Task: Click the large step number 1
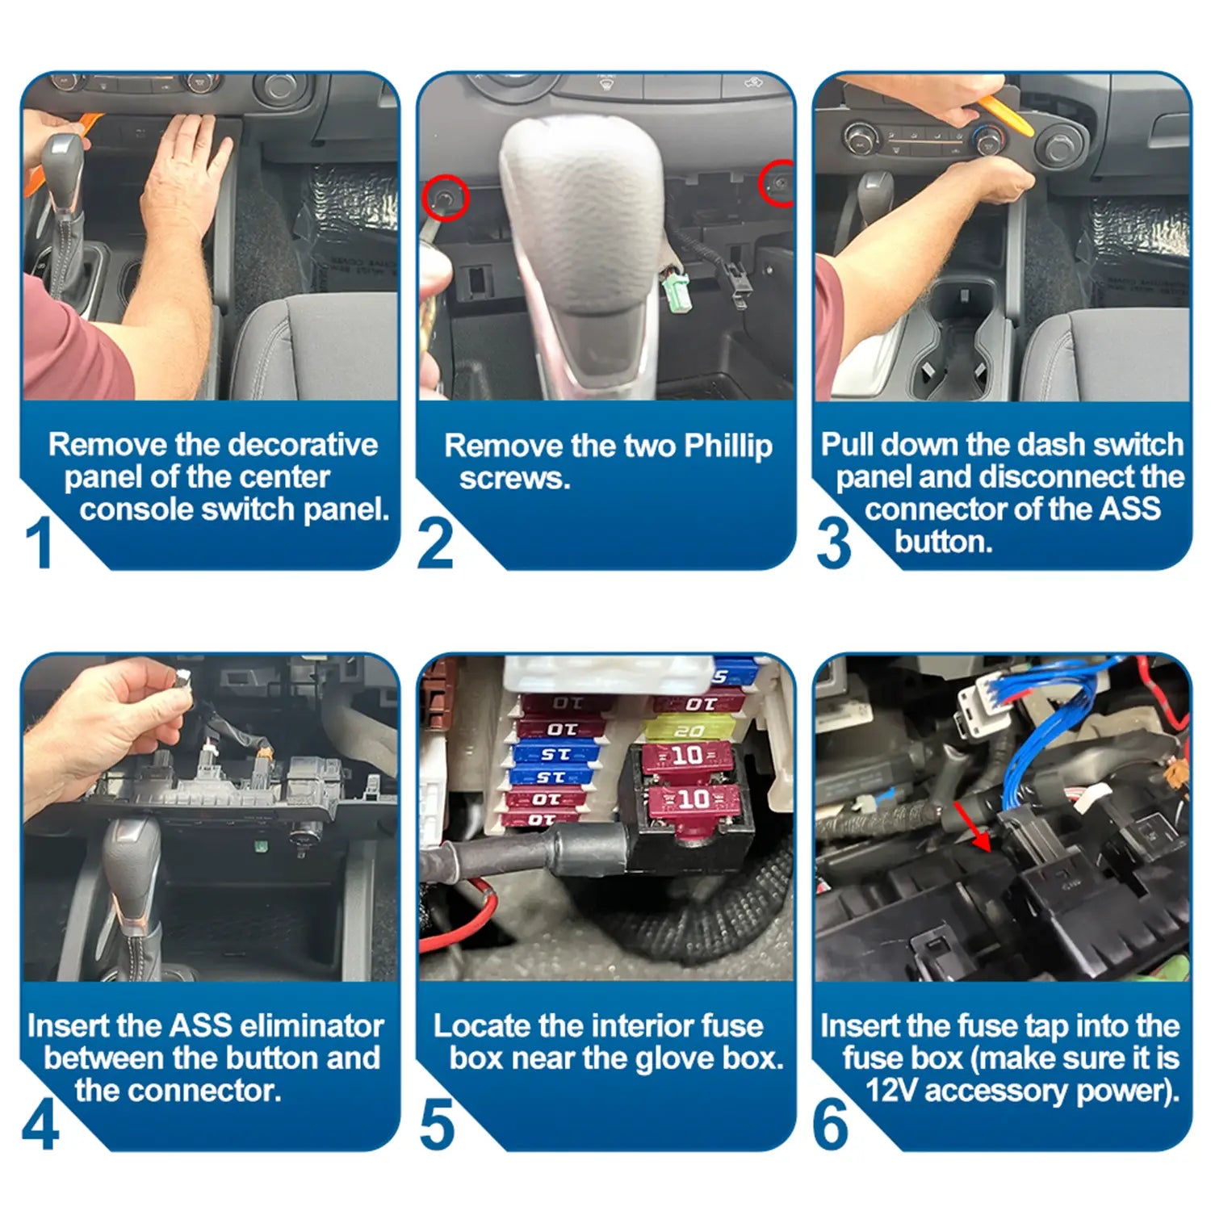(39, 542)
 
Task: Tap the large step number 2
(435, 543)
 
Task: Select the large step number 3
(833, 543)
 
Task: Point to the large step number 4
(40, 1124)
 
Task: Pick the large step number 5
(437, 1124)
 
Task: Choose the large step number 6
(831, 1124)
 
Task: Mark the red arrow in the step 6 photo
(973, 826)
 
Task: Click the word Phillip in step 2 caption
(727, 446)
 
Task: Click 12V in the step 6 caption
(892, 1091)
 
